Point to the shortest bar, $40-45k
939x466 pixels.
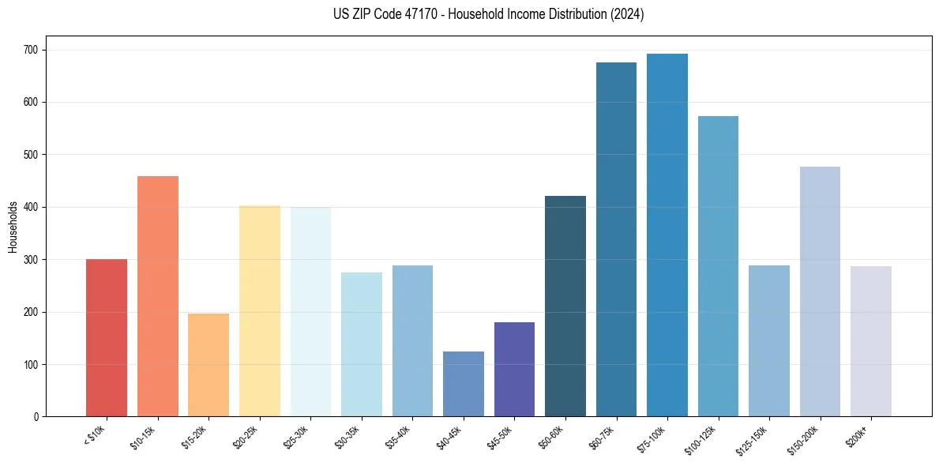pos(464,384)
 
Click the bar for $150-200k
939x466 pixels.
pos(820,291)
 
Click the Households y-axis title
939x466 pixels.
pos(13,227)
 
